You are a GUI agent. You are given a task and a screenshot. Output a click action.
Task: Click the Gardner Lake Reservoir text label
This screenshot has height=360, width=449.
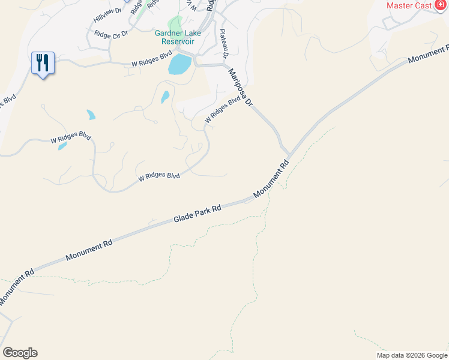tap(178, 37)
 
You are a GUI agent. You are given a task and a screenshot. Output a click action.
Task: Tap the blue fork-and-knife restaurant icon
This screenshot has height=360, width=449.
tap(43, 62)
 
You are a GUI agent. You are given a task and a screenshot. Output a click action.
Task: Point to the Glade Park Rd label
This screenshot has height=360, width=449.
tap(197, 214)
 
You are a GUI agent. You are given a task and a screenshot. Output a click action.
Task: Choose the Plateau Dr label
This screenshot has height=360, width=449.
tap(224, 44)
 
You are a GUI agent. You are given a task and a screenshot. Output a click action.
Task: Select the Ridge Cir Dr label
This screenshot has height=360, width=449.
tap(111, 35)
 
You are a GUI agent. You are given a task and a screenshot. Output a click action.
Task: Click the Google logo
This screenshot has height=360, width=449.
tap(20, 353)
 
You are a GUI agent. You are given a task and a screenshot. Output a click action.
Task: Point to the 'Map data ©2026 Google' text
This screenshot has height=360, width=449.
tap(412, 355)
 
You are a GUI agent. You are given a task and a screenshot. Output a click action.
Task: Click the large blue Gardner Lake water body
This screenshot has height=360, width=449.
tap(179, 64)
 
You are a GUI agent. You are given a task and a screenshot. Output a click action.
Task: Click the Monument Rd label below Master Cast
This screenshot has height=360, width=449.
tap(427, 54)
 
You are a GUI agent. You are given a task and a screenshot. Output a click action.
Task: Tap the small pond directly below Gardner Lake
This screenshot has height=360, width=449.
tap(164, 97)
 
